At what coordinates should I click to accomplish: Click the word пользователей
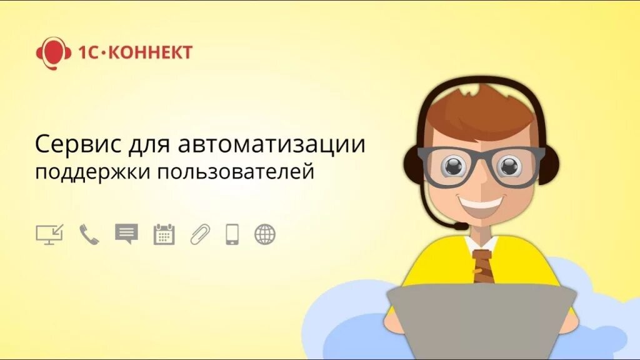click(x=235, y=171)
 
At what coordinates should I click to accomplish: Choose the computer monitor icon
click(x=49, y=234)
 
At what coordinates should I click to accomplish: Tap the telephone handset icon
click(x=89, y=234)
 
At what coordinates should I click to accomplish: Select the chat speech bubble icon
click(x=126, y=234)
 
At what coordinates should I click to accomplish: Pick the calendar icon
click(x=164, y=234)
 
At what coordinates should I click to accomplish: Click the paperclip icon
click(x=200, y=234)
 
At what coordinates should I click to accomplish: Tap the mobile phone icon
click(x=232, y=234)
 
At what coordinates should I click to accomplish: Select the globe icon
click(x=265, y=234)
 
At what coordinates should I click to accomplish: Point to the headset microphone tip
click(x=461, y=226)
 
